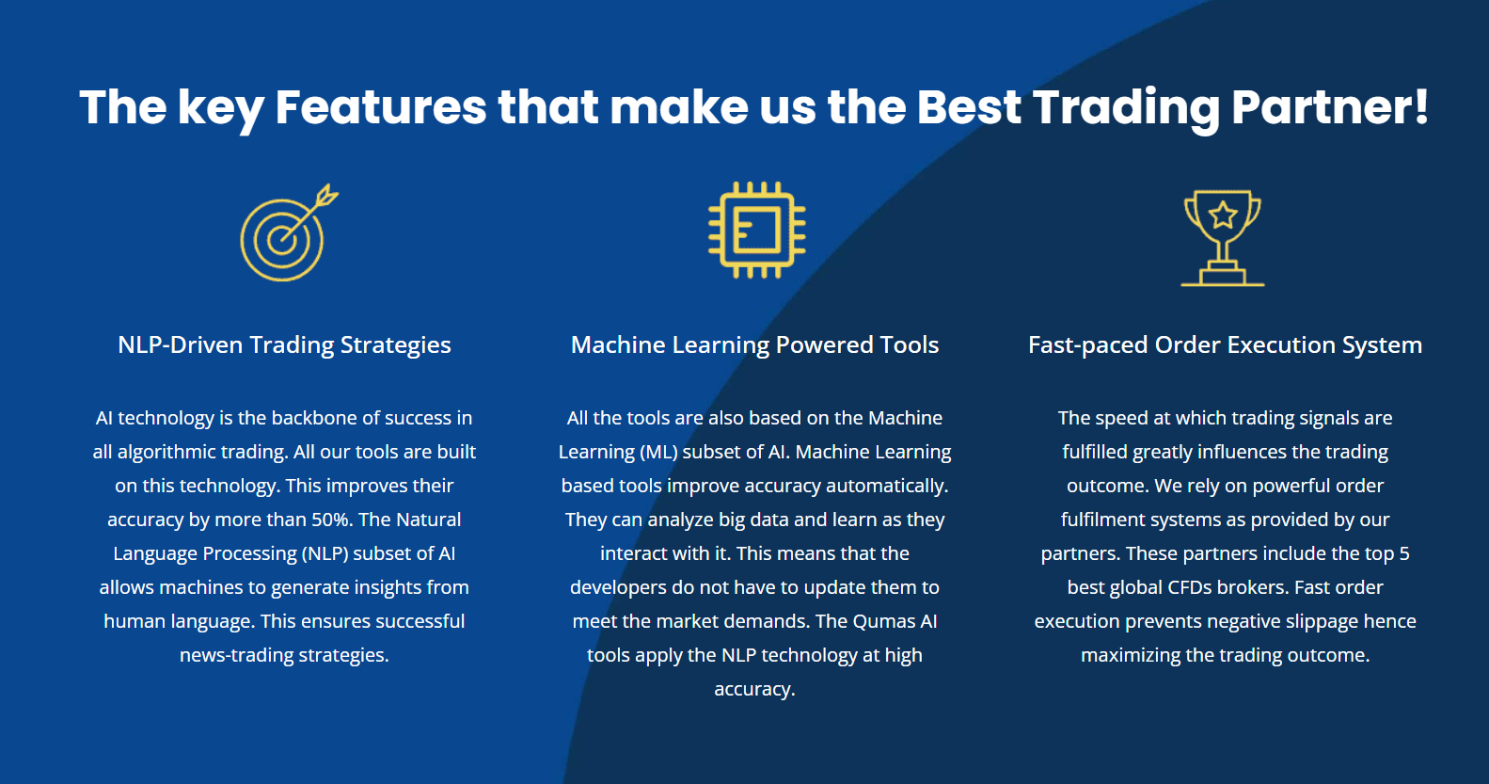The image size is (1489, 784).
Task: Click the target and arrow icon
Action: pyautogui.click(x=286, y=234)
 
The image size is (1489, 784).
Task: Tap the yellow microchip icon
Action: pyautogui.click(x=756, y=231)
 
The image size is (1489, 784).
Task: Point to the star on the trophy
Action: pyautogui.click(x=1223, y=216)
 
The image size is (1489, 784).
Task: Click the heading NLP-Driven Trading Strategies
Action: pyautogui.click(x=284, y=345)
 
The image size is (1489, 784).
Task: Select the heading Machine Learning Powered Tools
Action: pyautogui.click(x=754, y=345)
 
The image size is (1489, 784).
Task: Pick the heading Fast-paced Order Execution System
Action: pyautogui.click(x=1225, y=345)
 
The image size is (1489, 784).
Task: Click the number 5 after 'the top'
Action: pyautogui.click(x=1404, y=553)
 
